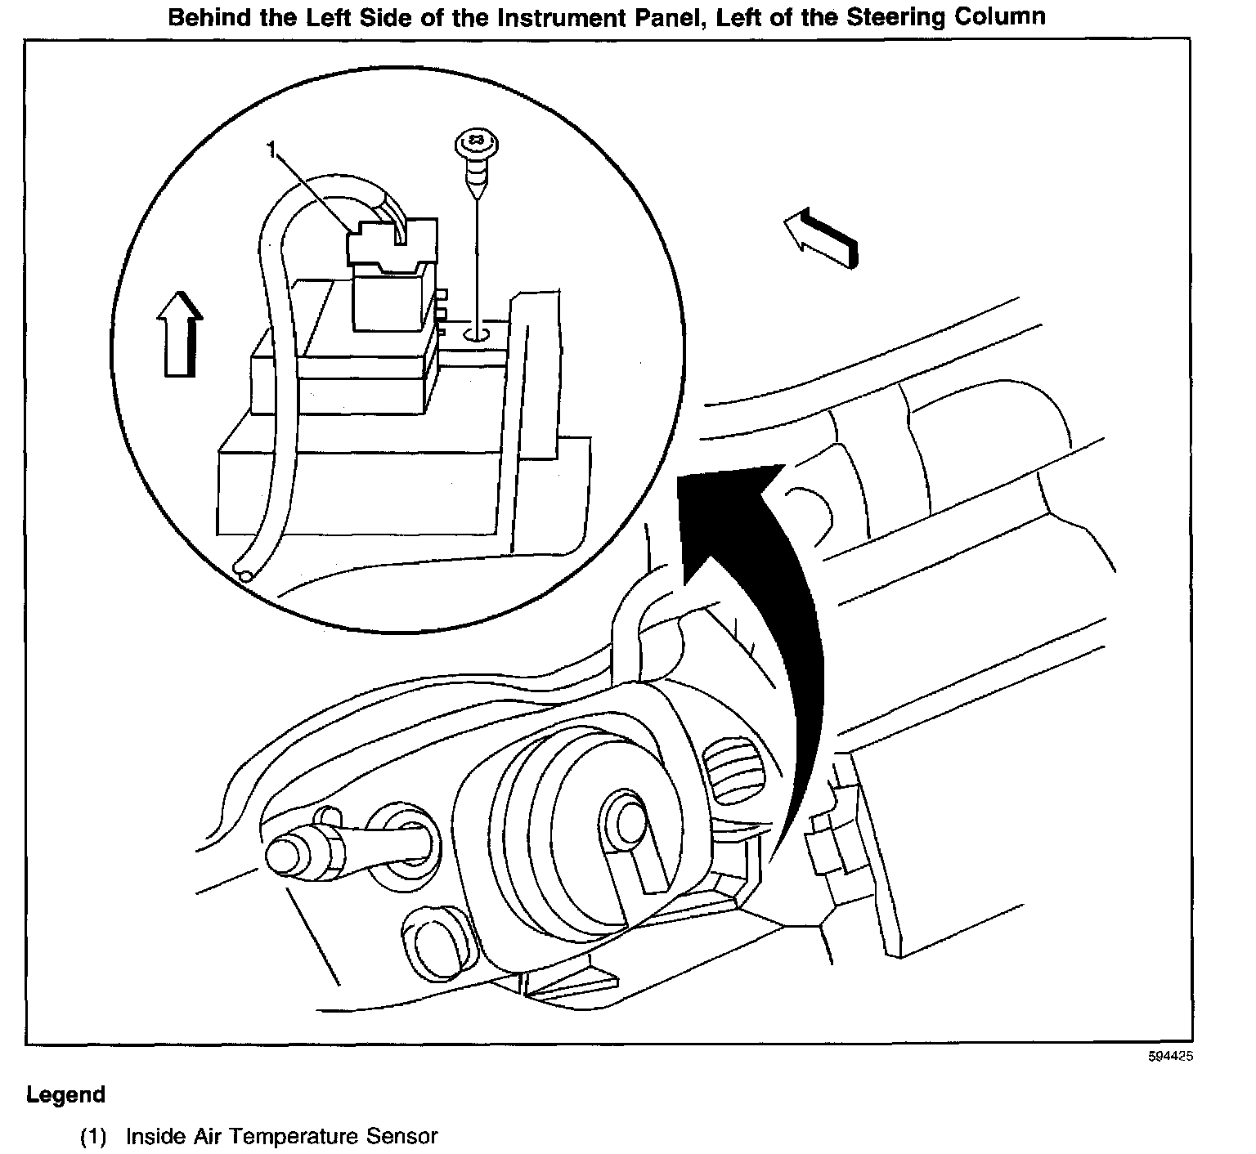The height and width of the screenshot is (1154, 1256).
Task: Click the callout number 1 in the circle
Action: (x=271, y=149)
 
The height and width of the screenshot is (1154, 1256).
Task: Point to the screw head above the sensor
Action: (x=472, y=145)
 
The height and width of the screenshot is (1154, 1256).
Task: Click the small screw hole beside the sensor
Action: (x=476, y=333)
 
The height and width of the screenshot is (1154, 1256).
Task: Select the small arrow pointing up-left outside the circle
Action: (x=820, y=238)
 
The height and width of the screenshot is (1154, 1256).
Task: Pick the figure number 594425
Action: (x=1170, y=1056)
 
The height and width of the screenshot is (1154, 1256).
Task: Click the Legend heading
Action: (x=65, y=1094)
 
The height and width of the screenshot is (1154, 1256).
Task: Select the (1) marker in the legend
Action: (x=93, y=1136)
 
